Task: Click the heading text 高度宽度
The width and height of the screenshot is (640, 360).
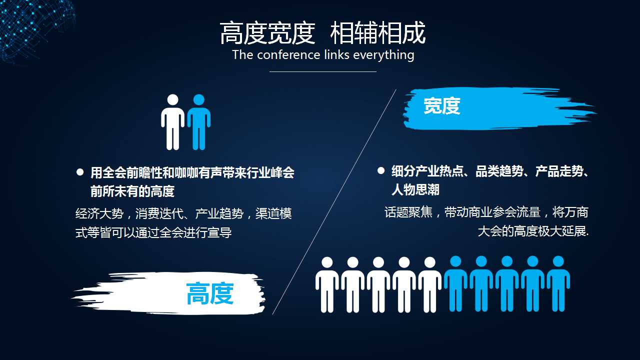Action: coord(267,33)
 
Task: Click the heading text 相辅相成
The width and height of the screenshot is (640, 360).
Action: coord(378,33)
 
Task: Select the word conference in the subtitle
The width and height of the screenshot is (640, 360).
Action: coord(288,54)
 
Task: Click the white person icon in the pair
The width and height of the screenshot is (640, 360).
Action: coord(172,122)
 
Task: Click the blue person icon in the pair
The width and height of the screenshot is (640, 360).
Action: coord(198,122)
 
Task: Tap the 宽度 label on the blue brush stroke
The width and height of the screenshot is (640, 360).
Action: coord(441,106)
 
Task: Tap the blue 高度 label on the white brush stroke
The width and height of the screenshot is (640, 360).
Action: coord(210,293)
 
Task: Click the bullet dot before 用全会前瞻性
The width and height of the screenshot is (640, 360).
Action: coord(80,172)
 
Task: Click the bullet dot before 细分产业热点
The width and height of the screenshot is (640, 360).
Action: coord(381,171)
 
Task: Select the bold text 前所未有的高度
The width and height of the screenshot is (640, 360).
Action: coord(132,191)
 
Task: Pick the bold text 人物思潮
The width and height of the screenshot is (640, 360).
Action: coord(415,189)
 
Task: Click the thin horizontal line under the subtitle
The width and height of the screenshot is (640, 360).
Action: coord(323,71)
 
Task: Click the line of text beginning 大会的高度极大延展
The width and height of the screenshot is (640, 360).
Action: coord(533,232)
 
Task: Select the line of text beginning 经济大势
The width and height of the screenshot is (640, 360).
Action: coord(183,214)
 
